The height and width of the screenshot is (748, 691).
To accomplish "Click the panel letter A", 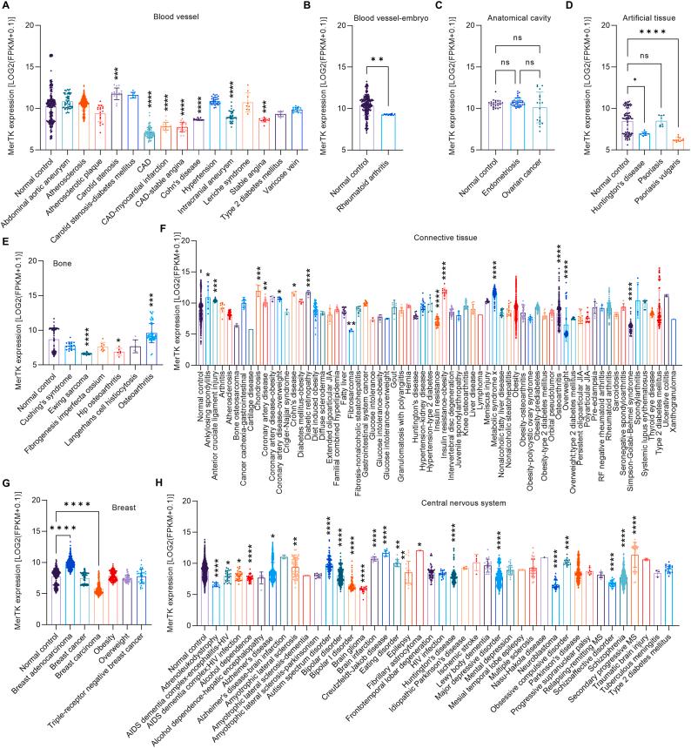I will coord(5,5).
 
